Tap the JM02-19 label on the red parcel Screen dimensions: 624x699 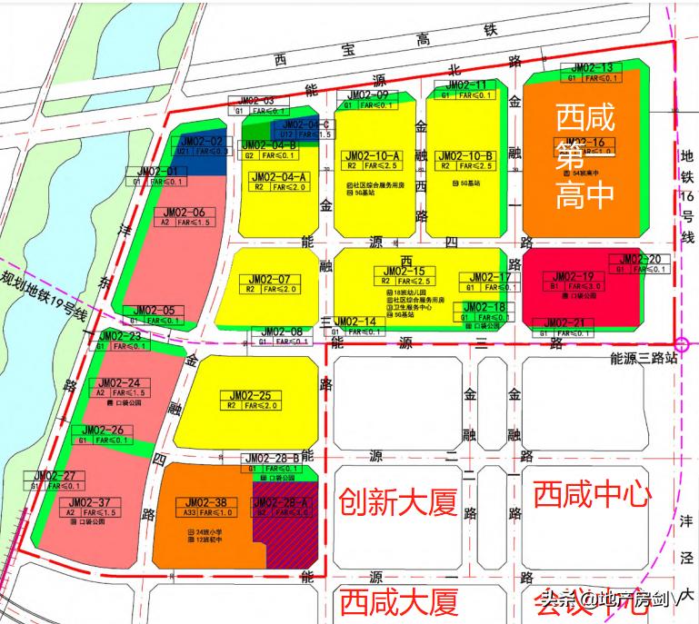click(574, 276)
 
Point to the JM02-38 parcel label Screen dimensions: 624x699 click(205, 500)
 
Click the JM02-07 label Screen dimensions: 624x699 click(270, 279)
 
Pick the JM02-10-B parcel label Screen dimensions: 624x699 click(464, 155)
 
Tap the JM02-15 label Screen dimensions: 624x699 click(404, 271)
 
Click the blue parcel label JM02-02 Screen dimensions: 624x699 click(200, 142)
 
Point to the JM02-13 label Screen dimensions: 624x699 click(592, 67)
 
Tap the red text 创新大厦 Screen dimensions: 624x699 click(397, 502)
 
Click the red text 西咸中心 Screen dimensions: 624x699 click(592, 495)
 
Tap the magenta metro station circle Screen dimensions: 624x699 click(683, 344)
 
